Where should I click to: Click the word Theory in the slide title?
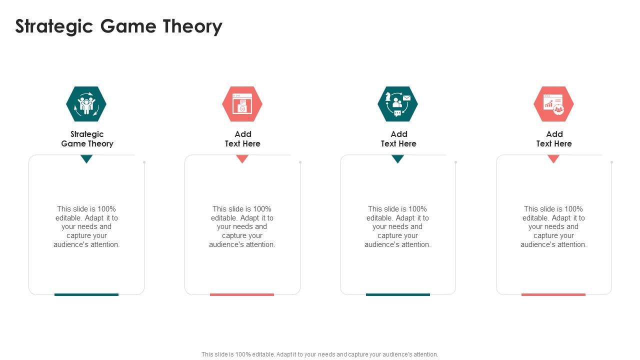pos(192,27)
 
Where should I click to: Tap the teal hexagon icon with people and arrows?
pos(86,104)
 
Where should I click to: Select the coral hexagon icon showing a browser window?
pos(242,104)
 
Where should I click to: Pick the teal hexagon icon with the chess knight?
pos(397,104)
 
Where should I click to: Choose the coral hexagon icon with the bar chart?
pos(553,104)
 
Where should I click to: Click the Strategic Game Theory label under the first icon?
pos(87,139)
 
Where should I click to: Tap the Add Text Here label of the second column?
pos(242,139)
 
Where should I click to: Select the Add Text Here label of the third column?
pos(398,139)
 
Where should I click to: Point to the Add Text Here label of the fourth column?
pos(554,139)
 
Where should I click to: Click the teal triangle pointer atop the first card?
pos(86,158)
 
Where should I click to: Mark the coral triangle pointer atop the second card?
pos(242,158)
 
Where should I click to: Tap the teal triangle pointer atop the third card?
pos(398,158)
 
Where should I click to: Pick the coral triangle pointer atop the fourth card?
pos(553,158)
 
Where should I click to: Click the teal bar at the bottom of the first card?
pos(86,294)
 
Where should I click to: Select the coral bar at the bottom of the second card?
pos(242,294)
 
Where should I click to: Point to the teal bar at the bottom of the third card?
pos(398,294)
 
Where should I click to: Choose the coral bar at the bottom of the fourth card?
pos(553,294)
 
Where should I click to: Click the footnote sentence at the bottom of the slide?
pos(320,354)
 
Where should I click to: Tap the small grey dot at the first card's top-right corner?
pos(144,162)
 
